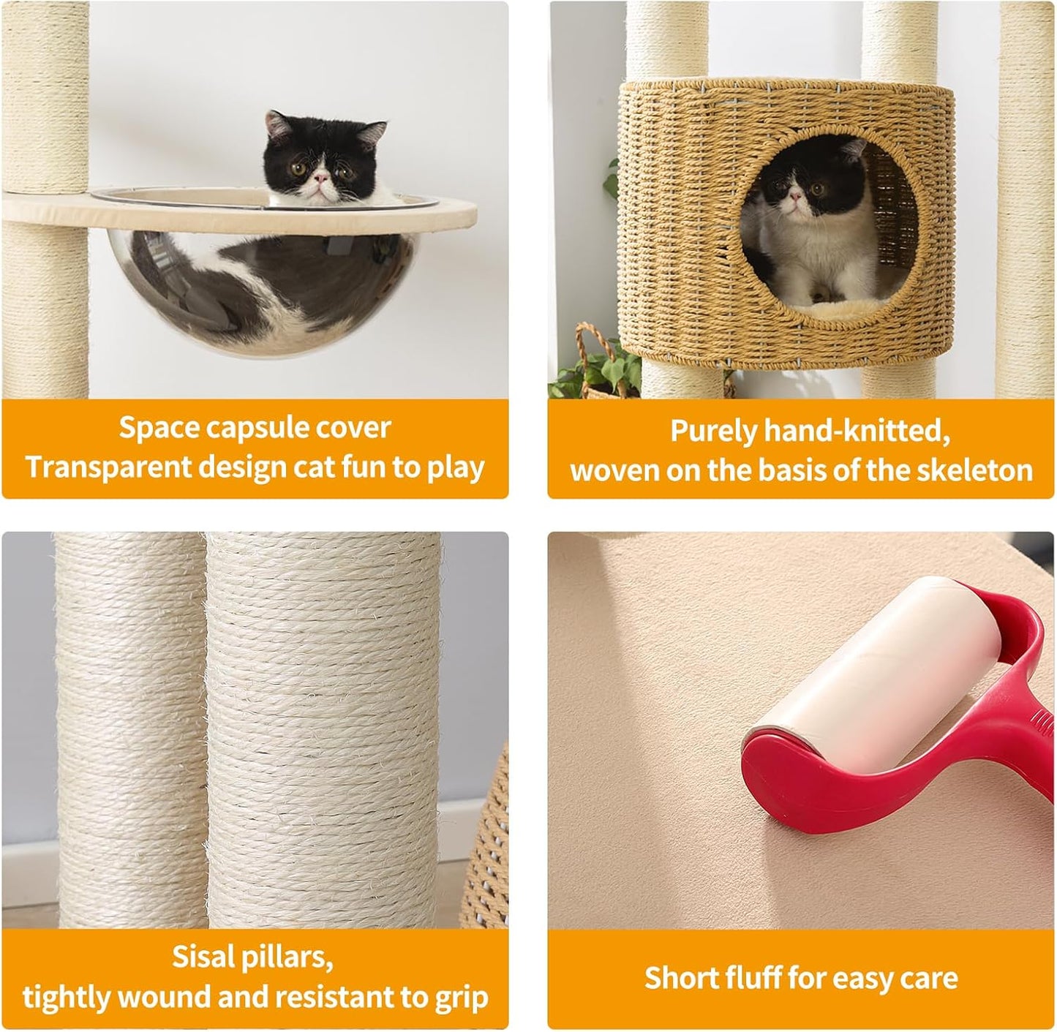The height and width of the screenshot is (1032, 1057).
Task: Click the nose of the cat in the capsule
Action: (x=320, y=178)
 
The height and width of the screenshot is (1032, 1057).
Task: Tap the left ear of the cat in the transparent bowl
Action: (x=277, y=124)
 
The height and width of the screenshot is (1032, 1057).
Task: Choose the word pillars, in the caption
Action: (x=290, y=957)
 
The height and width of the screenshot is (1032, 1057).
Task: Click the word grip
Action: (x=459, y=997)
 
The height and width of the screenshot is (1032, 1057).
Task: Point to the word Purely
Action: (x=712, y=431)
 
